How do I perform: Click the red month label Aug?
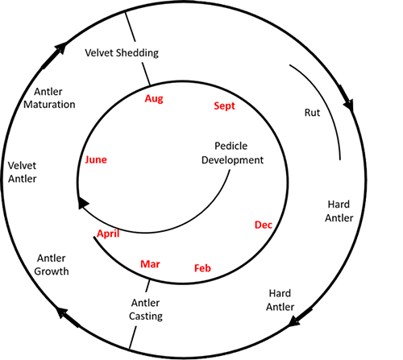pos(154,98)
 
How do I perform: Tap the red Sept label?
pos(224,106)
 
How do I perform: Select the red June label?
pos(96,159)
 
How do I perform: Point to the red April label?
pos(108,234)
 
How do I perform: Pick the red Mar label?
pos(150,264)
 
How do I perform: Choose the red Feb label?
pos(202,268)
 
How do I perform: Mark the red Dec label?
pos(264,225)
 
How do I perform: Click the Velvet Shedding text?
pos(122,53)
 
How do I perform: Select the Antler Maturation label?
pos(49,98)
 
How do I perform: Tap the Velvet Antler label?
pos(22,172)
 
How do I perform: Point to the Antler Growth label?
pos(52,265)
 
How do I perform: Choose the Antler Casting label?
pos(146,309)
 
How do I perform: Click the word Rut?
pos(312,113)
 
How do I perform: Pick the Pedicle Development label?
pos(232,153)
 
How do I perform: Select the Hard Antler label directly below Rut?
pos(339,211)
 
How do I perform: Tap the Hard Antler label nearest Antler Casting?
pos(280,300)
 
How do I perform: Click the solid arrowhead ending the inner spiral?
pos(82,203)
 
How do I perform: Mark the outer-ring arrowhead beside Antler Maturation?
pos(60,48)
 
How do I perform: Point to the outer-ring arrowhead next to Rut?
pos(348,104)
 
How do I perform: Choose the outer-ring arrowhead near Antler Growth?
pos(62,313)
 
